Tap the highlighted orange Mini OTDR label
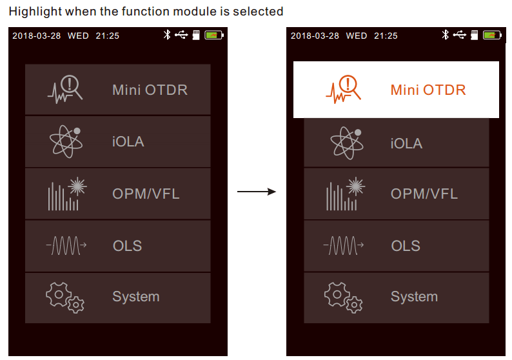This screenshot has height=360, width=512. [428, 90]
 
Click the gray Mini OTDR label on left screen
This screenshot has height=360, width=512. [150, 90]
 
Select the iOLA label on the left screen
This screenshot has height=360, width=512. [128, 142]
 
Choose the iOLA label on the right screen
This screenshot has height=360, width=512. [406, 143]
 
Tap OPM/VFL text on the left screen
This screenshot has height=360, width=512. [146, 194]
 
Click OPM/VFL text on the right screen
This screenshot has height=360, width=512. [424, 194]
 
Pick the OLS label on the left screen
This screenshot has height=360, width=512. [127, 246]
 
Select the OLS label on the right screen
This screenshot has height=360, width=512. [406, 246]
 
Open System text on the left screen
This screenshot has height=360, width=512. [136, 297]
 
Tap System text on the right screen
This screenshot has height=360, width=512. [415, 297]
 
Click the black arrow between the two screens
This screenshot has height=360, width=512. [257, 192]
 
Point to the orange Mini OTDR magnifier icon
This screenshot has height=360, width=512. [343, 89]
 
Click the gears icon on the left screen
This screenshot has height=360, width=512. [65, 297]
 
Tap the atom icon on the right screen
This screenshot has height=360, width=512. [346, 143]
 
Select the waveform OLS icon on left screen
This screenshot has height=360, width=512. [66, 245]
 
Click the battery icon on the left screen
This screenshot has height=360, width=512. [214, 35]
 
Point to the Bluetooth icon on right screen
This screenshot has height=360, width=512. [446, 35]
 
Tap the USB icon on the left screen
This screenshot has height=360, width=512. [181, 35]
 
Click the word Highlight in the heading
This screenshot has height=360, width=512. [35, 12]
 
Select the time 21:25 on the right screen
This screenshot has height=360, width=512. [386, 35]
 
